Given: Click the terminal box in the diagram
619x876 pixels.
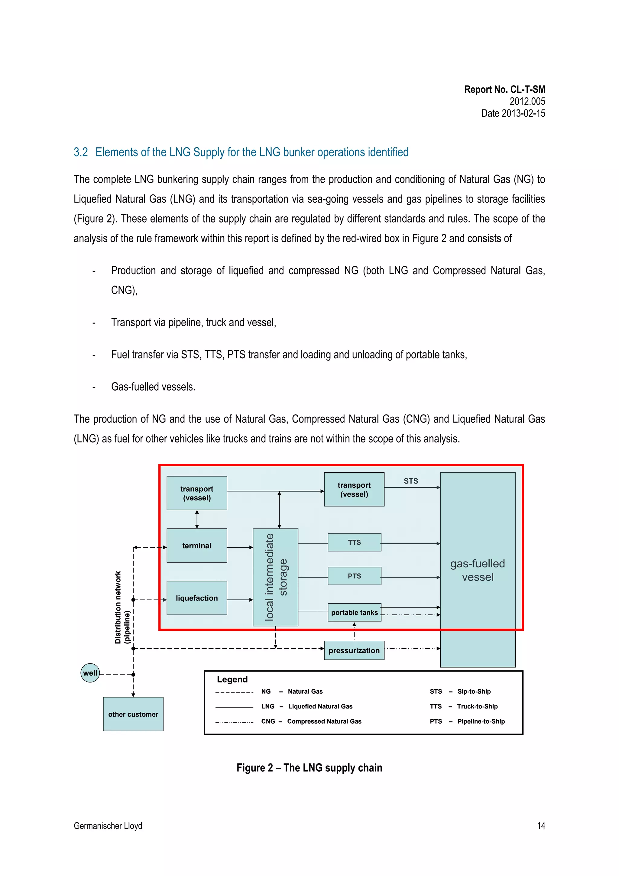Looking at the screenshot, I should (x=197, y=545).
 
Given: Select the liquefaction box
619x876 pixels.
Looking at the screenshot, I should (x=197, y=598).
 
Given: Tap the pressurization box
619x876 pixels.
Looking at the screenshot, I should (x=354, y=650).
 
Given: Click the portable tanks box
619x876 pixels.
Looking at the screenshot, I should (x=354, y=612).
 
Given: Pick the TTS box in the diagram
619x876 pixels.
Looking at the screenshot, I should (x=354, y=542).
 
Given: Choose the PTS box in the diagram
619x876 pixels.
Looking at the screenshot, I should (x=354, y=576).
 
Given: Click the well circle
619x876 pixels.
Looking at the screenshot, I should (x=90, y=673).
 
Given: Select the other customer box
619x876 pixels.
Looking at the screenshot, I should (x=133, y=714).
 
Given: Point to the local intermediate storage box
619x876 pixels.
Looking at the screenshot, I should (x=275, y=577).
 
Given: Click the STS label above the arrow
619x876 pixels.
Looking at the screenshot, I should (x=411, y=481).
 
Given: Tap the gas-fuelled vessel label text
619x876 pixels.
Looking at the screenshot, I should (x=478, y=570).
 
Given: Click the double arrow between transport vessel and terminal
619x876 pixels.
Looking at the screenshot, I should (x=197, y=519).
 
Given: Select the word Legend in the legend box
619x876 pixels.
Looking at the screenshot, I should (x=232, y=679).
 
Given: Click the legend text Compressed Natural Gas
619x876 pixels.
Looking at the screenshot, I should (x=324, y=721).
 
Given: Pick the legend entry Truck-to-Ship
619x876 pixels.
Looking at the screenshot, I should (x=477, y=706).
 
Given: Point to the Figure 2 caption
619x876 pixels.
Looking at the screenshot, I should (x=309, y=768).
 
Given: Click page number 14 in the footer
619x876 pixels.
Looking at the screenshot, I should (x=541, y=826).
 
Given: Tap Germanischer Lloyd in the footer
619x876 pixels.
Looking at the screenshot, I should (x=108, y=826).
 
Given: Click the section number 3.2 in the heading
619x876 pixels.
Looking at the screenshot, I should (x=80, y=152).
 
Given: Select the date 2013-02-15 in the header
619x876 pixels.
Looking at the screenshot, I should (x=523, y=113).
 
